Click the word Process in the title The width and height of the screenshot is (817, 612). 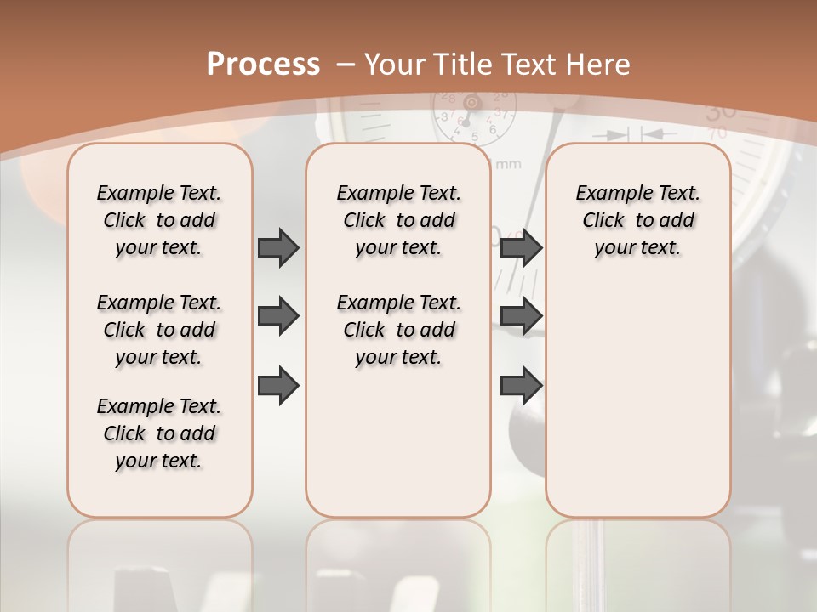[263, 65]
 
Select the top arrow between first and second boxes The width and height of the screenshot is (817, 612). [278, 247]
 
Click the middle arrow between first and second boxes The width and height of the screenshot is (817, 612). [278, 317]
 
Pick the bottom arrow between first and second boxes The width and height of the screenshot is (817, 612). [278, 385]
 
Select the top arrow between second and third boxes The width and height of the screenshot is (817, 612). [521, 247]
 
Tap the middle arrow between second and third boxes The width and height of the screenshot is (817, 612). [521, 317]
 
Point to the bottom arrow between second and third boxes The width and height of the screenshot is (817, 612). [521, 385]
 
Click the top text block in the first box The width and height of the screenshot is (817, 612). [159, 220]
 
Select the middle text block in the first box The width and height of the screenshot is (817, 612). [159, 330]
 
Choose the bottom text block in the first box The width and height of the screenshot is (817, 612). [159, 433]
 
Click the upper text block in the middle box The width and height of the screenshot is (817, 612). [398, 220]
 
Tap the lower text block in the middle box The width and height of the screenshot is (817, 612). [398, 330]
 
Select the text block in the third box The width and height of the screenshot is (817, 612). [637, 220]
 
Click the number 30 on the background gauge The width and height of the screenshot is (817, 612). [721, 111]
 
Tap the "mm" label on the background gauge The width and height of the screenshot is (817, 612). [507, 163]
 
